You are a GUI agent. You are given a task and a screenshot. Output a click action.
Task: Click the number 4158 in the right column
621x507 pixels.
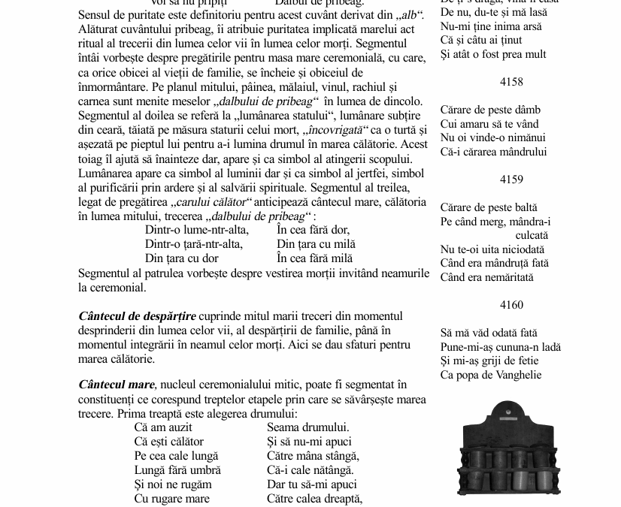tap(510, 82)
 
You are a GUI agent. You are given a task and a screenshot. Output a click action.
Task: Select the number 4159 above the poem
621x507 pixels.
tap(510, 180)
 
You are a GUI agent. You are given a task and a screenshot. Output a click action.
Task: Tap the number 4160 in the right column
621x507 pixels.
tap(510, 305)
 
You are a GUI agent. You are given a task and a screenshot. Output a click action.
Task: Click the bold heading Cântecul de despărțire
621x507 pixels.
tap(137, 316)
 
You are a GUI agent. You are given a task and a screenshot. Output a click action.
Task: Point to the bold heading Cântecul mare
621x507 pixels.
tap(117, 385)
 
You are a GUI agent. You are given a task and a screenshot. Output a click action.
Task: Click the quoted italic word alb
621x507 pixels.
tap(409, 16)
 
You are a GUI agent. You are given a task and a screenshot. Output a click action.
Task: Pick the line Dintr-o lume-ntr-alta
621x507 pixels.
tap(196, 230)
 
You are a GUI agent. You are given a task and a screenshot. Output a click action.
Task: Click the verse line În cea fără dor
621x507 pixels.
tap(313, 230)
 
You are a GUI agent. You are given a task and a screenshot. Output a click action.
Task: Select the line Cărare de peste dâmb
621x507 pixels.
tap(490, 110)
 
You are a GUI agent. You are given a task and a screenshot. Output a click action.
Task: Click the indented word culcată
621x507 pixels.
tap(532, 235)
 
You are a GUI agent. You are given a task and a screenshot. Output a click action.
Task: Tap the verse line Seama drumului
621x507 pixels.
tap(307, 427)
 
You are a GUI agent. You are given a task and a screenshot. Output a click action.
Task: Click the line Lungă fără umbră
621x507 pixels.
tap(177, 470)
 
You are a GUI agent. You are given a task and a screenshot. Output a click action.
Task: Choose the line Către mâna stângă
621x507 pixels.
tap(313, 456)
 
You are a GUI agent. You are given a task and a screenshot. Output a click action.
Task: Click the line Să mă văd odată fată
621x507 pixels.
tap(489, 333)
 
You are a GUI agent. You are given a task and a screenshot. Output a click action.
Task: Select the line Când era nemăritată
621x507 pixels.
tap(486, 277)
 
